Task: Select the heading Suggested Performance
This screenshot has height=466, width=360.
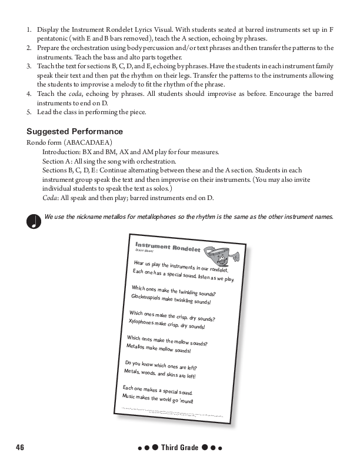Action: point(75,131)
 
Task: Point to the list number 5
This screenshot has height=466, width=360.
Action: point(29,112)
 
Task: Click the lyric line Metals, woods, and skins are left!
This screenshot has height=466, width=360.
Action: point(159,374)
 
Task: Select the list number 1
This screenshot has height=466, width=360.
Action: point(29,29)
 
